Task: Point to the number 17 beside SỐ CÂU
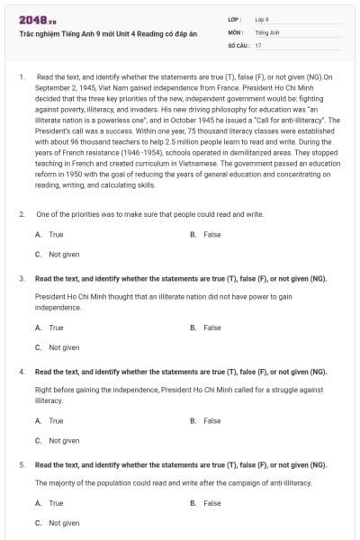[258, 44]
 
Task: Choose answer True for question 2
[56, 234]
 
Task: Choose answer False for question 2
[211, 234]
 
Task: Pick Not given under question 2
[64, 255]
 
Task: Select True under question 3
[56, 328]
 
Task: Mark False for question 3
[211, 328]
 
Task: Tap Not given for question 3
[64, 347]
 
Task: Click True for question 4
[56, 420]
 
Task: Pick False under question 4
[211, 420]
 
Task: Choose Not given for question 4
[64, 441]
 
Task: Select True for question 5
[56, 502]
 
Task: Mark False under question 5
[211, 502]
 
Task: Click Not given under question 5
[64, 523]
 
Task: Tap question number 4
[21, 372]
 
